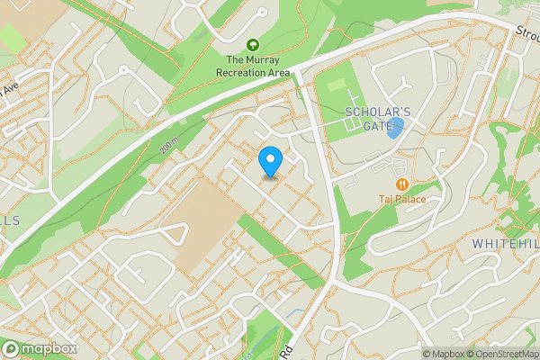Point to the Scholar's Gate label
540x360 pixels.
(378, 119)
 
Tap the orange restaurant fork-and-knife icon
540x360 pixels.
(401, 184)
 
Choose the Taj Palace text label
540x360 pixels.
(401, 199)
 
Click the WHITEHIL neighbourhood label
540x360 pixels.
(504, 244)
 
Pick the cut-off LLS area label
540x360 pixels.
(9, 220)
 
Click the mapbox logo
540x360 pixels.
(40, 348)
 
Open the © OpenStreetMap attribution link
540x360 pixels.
(502, 354)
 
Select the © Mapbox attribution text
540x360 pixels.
(444, 354)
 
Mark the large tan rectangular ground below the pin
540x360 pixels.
(197, 229)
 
